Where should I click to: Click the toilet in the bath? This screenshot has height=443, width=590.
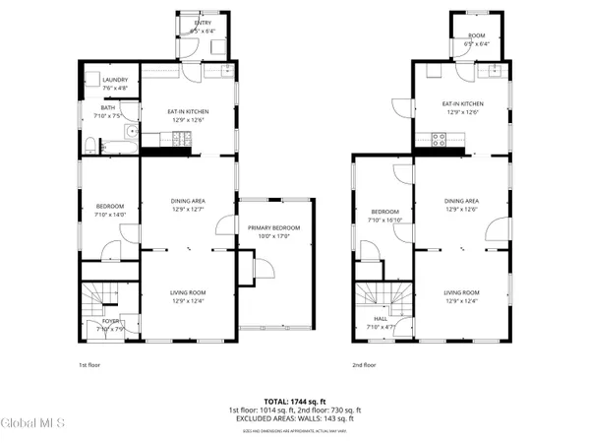tap(91, 147)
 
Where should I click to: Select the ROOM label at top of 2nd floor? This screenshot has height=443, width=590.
tap(476, 36)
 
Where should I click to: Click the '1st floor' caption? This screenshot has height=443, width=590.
tap(90, 365)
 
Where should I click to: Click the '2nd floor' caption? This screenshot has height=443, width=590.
tap(364, 365)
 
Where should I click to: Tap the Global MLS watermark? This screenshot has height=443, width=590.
tap(32, 424)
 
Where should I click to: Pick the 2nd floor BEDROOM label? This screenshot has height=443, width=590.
tap(384, 212)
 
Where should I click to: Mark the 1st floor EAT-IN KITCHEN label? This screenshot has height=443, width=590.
tap(189, 111)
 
